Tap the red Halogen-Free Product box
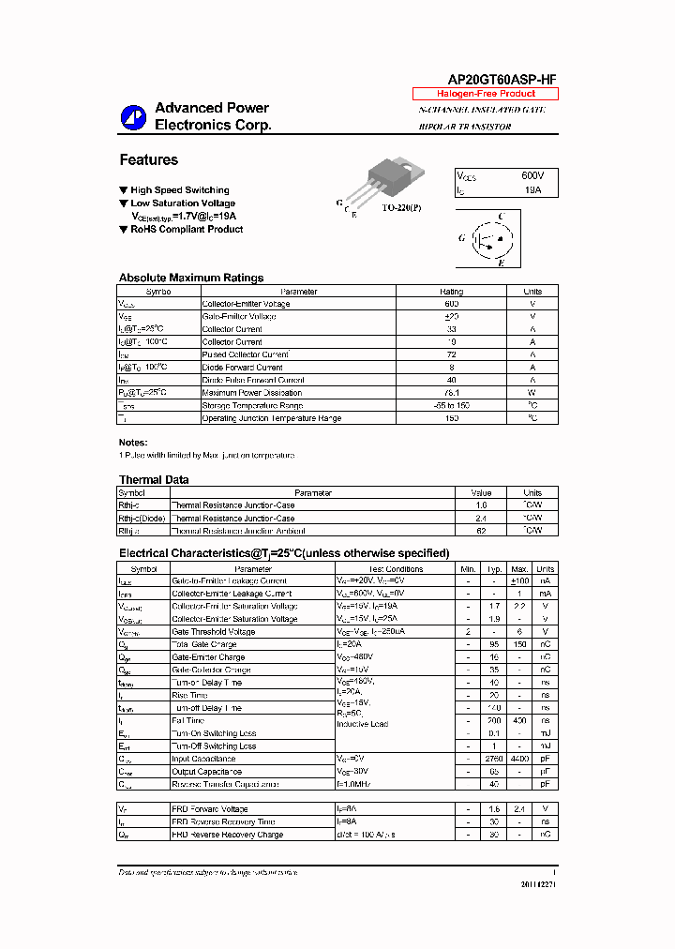pos(486,95)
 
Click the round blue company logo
pos(133,117)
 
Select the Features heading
pos(148,160)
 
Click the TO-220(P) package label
pos(401,207)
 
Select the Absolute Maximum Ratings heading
pos(191,278)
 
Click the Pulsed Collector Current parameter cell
pos(245,354)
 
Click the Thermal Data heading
pos(154,480)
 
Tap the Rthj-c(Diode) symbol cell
pos(142,518)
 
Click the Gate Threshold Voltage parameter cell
pos(214,632)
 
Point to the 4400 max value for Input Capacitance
pos(519,759)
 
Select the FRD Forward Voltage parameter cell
pos(210,808)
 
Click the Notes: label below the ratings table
pos(133,442)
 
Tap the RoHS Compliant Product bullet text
pos(187,230)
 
